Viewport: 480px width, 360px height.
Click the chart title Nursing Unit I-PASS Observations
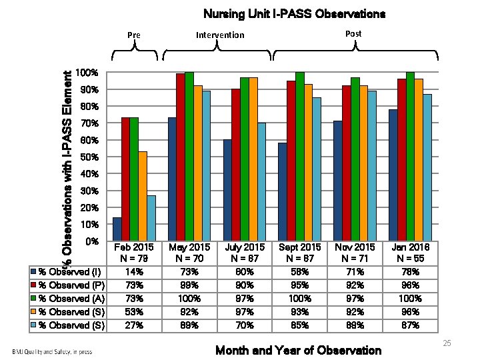(294, 13)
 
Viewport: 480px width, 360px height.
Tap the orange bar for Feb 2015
(143, 196)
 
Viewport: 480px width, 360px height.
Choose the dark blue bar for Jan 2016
(393, 175)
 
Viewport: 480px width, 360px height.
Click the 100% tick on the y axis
(87, 72)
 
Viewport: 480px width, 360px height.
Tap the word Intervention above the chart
(220, 35)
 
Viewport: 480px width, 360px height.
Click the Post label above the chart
(354, 33)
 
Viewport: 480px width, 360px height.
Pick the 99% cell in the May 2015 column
(189, 285)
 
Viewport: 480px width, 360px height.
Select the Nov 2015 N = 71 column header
(354, 253)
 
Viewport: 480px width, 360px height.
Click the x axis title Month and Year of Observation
(299, 351)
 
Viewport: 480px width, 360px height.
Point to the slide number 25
(447, 343)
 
